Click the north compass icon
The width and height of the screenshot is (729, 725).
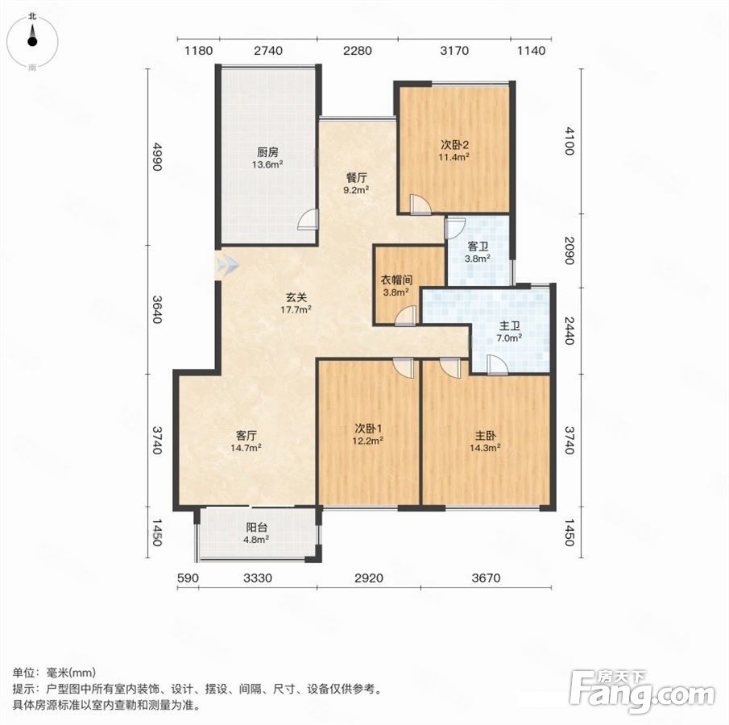click(x=32, y=42)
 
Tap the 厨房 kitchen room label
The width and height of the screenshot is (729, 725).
click(x=267, y=152)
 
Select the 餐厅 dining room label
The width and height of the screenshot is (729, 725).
click(x=357, y=178)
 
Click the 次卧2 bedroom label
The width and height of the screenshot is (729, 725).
click(x=454, y=145)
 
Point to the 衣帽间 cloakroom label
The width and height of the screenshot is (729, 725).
click(x=396, y=280)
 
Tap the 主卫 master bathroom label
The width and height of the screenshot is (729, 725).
click(x=509, y=326)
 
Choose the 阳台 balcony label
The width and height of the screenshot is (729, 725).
click(x=257, y=528)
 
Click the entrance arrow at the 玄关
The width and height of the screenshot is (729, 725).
click(x=227, y=266)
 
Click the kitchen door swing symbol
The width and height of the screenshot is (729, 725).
click(x=309, y=219)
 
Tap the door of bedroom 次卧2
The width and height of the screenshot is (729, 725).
click(x=420, y=205)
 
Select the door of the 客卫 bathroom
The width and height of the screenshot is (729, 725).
click(x=455, y=227)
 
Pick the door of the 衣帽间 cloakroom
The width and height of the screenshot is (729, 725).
click(x=405, y=316)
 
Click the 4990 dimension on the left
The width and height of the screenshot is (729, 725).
click(x=157, y=157)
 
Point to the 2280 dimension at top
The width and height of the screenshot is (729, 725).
click(x=357, y=50)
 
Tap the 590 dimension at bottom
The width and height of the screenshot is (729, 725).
click(x=188, y=578)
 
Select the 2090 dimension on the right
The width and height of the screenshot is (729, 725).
click(x=570, y=251)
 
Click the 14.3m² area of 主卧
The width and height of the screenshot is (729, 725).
click(x=485, y=449)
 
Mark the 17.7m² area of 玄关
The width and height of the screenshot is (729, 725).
click(x=296, y=309)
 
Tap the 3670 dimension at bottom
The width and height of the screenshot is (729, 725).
click(x=486, y=578)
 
